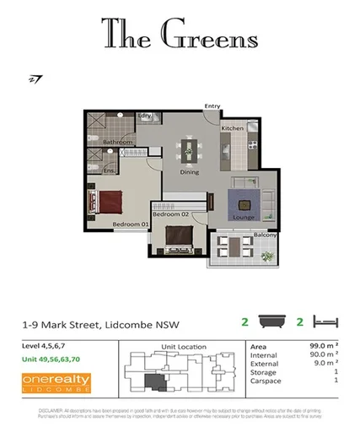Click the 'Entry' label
tap(212, 106)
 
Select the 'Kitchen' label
tap(232, 127)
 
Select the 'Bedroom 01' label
tap(131, 224)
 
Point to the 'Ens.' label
tap(109, 171)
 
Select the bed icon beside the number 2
tap(325, 322)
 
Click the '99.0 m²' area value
tap(321, 346)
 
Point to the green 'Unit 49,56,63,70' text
tap(51, 359)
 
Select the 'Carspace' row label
tap(266, 381)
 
